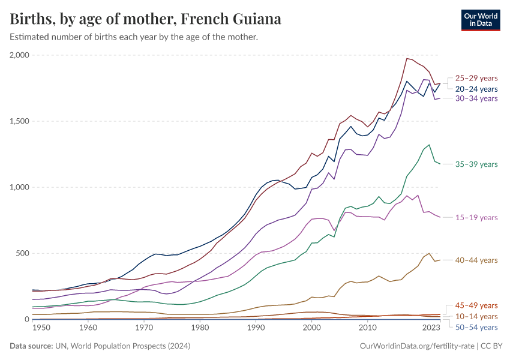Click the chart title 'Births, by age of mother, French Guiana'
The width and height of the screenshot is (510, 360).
pyautogui.click(x=146, y=19)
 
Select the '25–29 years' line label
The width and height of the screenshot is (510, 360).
pyautogui.click(x=476, y=78)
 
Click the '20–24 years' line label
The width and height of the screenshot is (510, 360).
pyautogui.click(x=476, y=89)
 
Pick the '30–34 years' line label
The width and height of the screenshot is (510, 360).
pyautogui.click(x=476, y=98)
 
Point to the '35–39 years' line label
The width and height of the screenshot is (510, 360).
pyautogui.click(x=476, y=164)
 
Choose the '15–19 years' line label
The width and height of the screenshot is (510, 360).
pyautogui.click(x=476, y=218)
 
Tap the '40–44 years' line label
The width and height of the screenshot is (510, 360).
pyautogui.click(x=476, y=260)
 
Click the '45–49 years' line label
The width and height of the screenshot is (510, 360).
pyautogui.click(x=476, y=305)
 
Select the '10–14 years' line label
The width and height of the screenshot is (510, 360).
pyautogui.click(x=476, y=316)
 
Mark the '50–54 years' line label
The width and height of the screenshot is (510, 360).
pyautogui.click(x=476, y=327)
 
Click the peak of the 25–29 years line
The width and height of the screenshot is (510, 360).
pyautogui.click(x=407, y=58)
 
